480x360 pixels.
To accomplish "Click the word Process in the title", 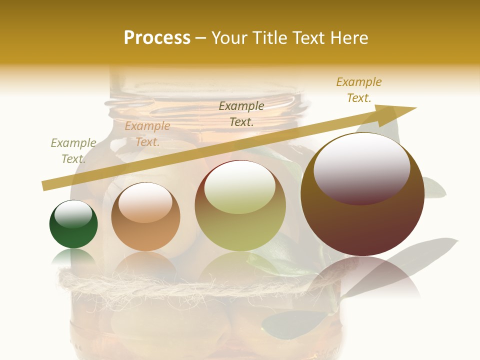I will click(157, 38).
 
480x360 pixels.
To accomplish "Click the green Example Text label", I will click(73, 151).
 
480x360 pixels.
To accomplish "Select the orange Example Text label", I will click(147, 134).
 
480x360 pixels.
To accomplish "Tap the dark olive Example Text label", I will click(241, 114).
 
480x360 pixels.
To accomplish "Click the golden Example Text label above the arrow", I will click(359, 90).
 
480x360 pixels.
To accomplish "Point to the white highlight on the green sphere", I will click(73, 213).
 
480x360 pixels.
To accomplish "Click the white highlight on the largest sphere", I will click(362, 167).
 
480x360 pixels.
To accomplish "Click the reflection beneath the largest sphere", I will click(362, 277).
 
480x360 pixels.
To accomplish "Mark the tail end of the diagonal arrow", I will click(45, 186).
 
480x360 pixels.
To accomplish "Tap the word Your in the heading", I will click(228, 38).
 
